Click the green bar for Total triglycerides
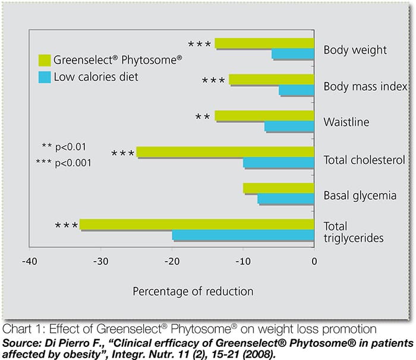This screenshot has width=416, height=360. (x=197, y=225)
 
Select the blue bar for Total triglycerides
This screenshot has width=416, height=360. (x=243, y=235)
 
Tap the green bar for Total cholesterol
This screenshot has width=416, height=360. (x=225, y=152)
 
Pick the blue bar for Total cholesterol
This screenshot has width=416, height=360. (x=279, y=163)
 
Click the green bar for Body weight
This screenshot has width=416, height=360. (x=264, y=43)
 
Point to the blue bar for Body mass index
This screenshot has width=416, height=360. (x=297, y=90)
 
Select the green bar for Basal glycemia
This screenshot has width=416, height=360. (x=279, y=188)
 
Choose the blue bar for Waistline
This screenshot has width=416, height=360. (x=289, y=127)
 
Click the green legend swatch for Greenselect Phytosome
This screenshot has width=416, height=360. (x=45, y=59)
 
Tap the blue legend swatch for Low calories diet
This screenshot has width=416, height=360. (x=45, y=77)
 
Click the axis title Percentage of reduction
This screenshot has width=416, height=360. (x=193, y=291)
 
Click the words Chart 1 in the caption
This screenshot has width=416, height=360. (x=21, y=329)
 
